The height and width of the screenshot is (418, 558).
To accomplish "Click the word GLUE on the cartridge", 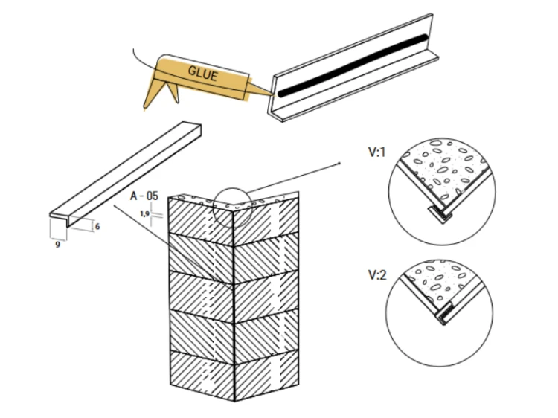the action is coord(202,74).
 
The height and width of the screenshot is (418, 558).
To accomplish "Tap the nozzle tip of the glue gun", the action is coord(274,94).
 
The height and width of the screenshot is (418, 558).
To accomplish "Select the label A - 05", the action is coord(144,196).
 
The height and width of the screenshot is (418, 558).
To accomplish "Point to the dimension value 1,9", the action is coord(144,213).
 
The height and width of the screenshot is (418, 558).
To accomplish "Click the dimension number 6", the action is coord(97,227).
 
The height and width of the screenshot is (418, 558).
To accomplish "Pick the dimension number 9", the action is coord(57,245).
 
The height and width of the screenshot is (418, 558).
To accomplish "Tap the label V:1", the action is coord(376,152).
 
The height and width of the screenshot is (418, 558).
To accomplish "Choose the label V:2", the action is coord(377,275).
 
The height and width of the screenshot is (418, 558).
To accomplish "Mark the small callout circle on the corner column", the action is coord(232,208).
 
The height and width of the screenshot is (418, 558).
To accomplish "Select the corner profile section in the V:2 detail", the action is coord(445,313).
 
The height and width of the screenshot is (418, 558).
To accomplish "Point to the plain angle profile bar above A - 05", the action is coord(125,173).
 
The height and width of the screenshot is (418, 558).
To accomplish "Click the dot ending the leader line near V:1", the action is coord(340,164).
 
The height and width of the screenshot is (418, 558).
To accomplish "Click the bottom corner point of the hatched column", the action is coord(234,401).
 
